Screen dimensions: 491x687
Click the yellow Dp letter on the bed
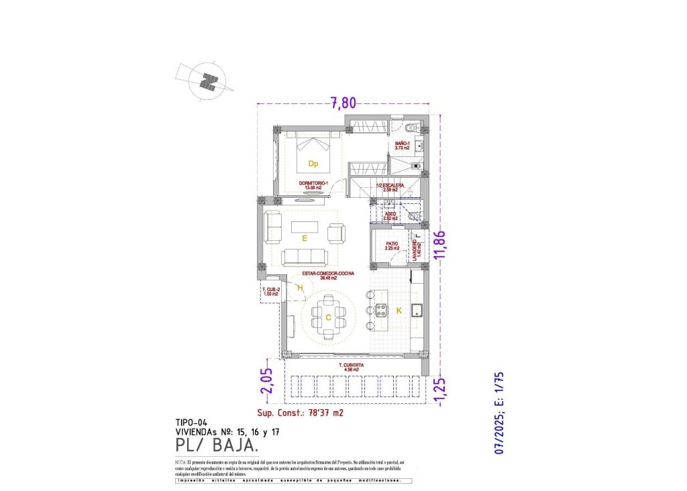click(x=313, y=164)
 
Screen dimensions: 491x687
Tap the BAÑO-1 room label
click(x=403, y=146)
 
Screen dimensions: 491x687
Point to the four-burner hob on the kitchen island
click(x=381, y=310)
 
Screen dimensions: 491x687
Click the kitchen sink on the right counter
click(x=417, y=309)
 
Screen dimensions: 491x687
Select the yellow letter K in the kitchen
click(x=399, y=310)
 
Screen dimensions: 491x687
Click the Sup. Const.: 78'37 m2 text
click(x=300, y=413)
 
